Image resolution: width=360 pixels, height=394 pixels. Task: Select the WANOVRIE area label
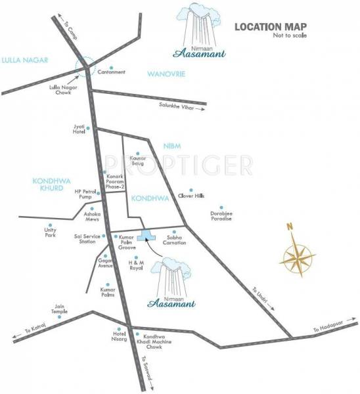(166, 74)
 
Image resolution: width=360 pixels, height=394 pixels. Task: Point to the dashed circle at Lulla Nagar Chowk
(85, 66)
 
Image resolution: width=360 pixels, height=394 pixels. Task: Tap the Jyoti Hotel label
(79, 129)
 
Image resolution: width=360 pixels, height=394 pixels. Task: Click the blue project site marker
(146, 235)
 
